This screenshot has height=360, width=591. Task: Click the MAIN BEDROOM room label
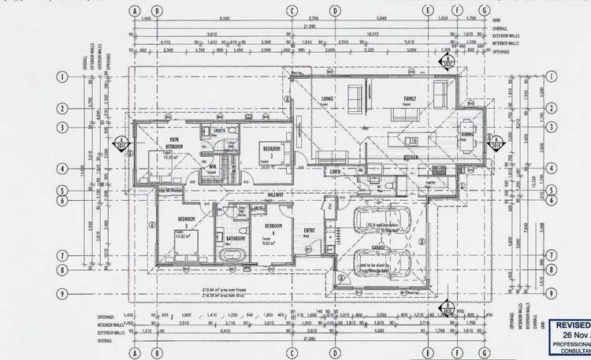click(175, 143)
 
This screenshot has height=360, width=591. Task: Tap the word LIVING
click(328, 99)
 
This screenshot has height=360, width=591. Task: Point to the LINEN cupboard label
click(335, 171)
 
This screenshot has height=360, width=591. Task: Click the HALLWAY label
click(276, 195)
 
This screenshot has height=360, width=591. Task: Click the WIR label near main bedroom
click(211, 166)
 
